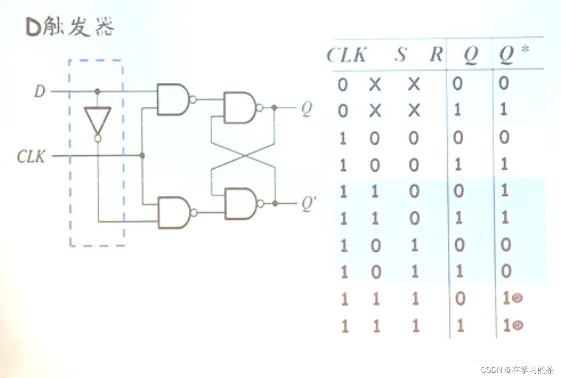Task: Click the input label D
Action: click(40, 91)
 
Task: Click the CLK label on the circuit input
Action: click(31, 156)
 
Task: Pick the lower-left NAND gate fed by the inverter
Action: click(174, 212)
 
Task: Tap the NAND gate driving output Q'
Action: click(240, 203)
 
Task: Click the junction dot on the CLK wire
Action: click(142, 155)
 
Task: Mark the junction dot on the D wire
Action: click(97, 91)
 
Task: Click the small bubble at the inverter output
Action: click(98, 139)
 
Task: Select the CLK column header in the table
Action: click(347, 55)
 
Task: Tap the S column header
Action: click(400, 55)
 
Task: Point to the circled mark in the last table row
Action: click(518, 326)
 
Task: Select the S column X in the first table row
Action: click(375, 85)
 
